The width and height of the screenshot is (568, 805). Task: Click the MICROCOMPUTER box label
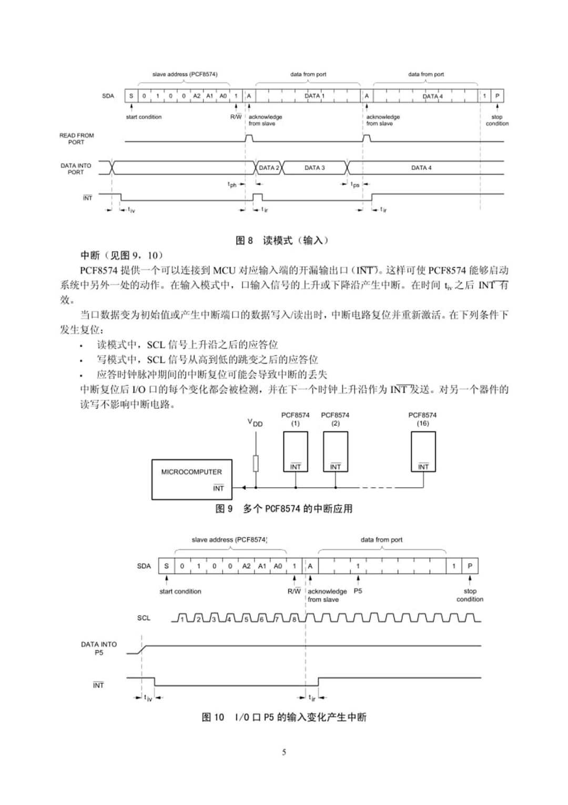[x=191, y=472]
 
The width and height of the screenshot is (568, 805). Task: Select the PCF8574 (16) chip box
[x=423, y=451]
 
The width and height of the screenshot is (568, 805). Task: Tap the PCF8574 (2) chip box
[x=336, y=451]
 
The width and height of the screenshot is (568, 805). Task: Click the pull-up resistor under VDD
[x=256, y=463]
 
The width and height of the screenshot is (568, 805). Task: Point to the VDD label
[x=255, y=422]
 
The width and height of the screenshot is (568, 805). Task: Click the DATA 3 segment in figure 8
[x=315, y=168]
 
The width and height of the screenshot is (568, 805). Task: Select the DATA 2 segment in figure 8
[x=269, y=168]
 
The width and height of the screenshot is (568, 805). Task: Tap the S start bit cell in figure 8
[x=131, y=96]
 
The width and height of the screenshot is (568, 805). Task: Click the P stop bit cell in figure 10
[x=470, y=566]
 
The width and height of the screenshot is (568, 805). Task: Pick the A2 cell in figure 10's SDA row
[x=246, y=566]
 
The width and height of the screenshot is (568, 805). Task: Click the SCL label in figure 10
[x=144, y=618]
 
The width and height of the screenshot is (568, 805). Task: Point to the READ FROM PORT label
[x=76, y=138]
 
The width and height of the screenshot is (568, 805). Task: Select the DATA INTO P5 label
[x=99, y=648]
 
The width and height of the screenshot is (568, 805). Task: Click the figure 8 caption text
[x=282, y=240]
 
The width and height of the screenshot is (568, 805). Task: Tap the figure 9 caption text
[x=284, y=509]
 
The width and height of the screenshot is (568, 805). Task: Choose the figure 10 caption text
[x=284, y=717]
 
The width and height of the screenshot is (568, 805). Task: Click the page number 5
[x=284, y=752]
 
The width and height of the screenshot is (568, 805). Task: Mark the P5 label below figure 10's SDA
[x=358, y=591]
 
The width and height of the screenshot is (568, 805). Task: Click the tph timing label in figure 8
[x=232, y=185]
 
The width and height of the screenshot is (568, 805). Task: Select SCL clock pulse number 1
[x=182, y=619]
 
